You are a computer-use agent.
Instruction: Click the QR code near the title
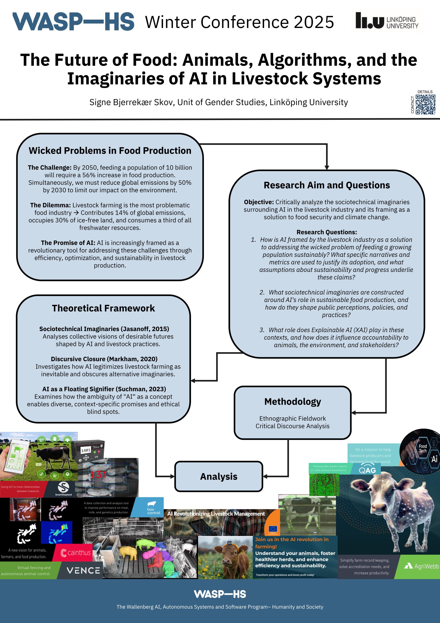tap(425, 104)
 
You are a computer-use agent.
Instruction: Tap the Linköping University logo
tap(387, 21)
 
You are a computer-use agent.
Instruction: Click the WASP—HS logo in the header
tap(73, 21)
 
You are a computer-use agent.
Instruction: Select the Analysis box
tap(219, 476)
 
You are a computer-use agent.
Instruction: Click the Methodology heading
tap(293, 401)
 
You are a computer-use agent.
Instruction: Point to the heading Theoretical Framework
tap(103, 308)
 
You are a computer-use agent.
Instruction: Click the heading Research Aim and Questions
tap(327, 185)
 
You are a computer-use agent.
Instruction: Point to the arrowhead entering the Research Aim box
tap(327, 168)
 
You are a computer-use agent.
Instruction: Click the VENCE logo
tap(83, 570)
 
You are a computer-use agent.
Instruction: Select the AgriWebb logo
tap(421, 566)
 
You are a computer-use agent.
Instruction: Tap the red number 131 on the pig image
tap(99, 475)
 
